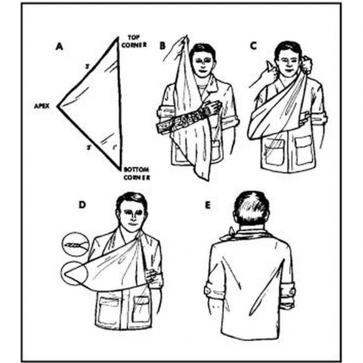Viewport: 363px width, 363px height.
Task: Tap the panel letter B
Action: click(162, 46)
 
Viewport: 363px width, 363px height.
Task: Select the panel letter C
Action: click(253, 46)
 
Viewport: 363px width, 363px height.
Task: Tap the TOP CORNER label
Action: click(134, 41)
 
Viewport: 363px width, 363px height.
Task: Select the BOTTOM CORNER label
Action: click(136, 173)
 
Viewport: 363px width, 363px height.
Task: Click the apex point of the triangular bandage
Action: click(58, 106)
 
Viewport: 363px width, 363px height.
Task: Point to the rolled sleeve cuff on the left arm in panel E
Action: click(210, 288)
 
